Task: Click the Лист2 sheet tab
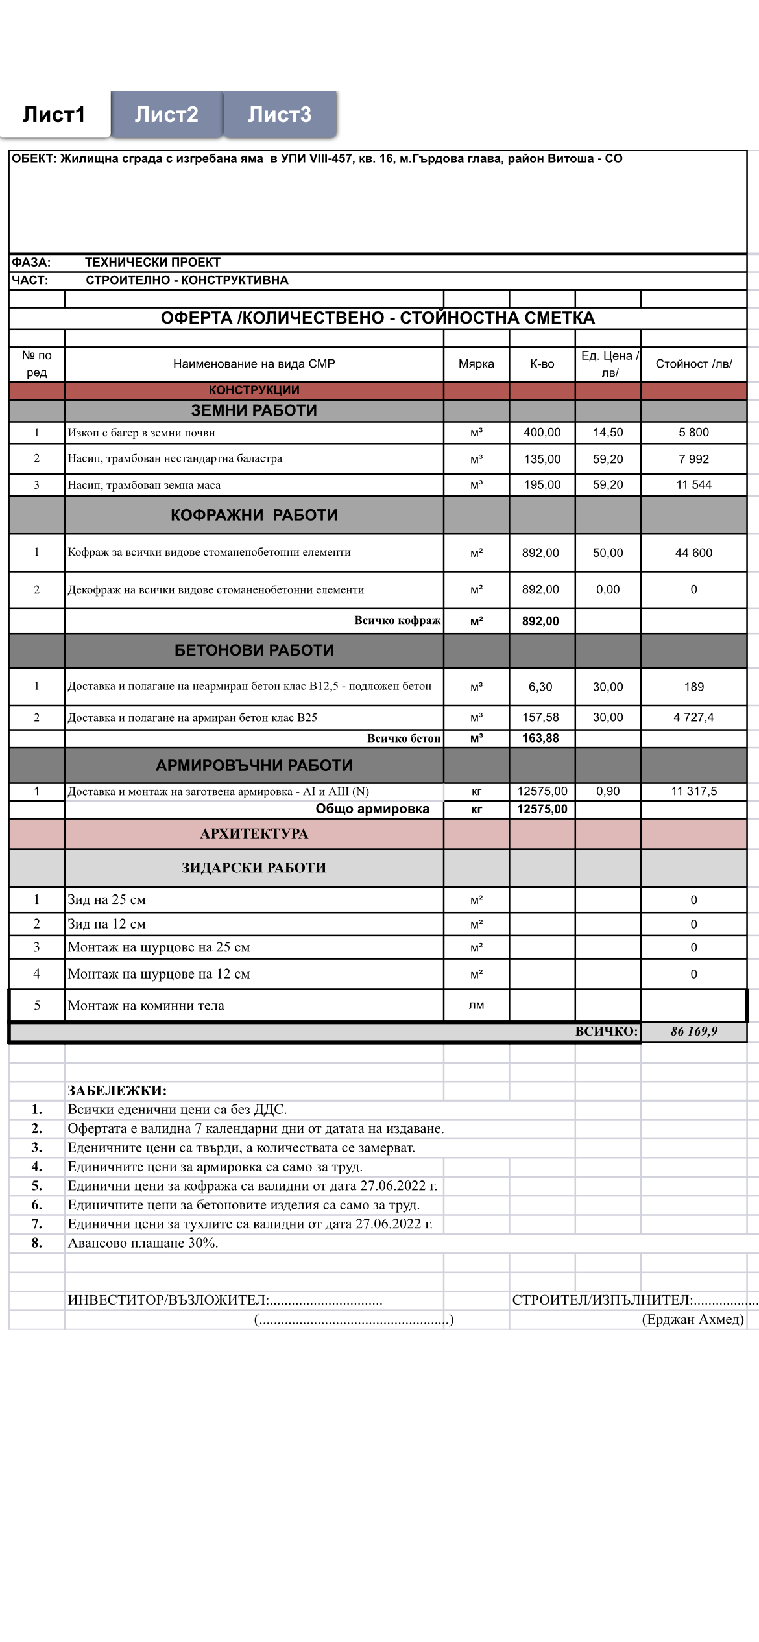click(x=166, y=115)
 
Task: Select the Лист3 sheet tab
click(x=280, y=115)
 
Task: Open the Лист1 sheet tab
click(x=54, y=115)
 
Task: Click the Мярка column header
click(x=476, y=364)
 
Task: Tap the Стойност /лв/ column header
click(x=693, y=364)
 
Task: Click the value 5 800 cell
click(x=693, y=433)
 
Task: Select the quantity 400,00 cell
click(x=542, y=433)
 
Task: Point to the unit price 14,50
click(x=608, y=433)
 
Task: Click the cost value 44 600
click(x=693, y=553)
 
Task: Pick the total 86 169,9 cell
click(x=693, y=1031)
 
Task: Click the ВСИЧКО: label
click(x=606, y=1031)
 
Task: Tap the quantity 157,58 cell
click(x=540, y=717)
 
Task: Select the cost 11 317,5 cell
click(x=693, y=791)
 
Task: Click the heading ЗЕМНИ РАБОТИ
click(x=254, y=410)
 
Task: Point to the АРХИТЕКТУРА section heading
click(x=254, y=834)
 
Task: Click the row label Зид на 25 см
click(x=107, y=900)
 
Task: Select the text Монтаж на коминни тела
click(x=146, y=1006)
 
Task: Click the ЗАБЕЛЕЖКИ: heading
click(x=117, y=1091)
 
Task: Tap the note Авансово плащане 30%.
click(x=143, y=1243)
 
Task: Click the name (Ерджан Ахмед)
click(x=692, y=1319)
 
